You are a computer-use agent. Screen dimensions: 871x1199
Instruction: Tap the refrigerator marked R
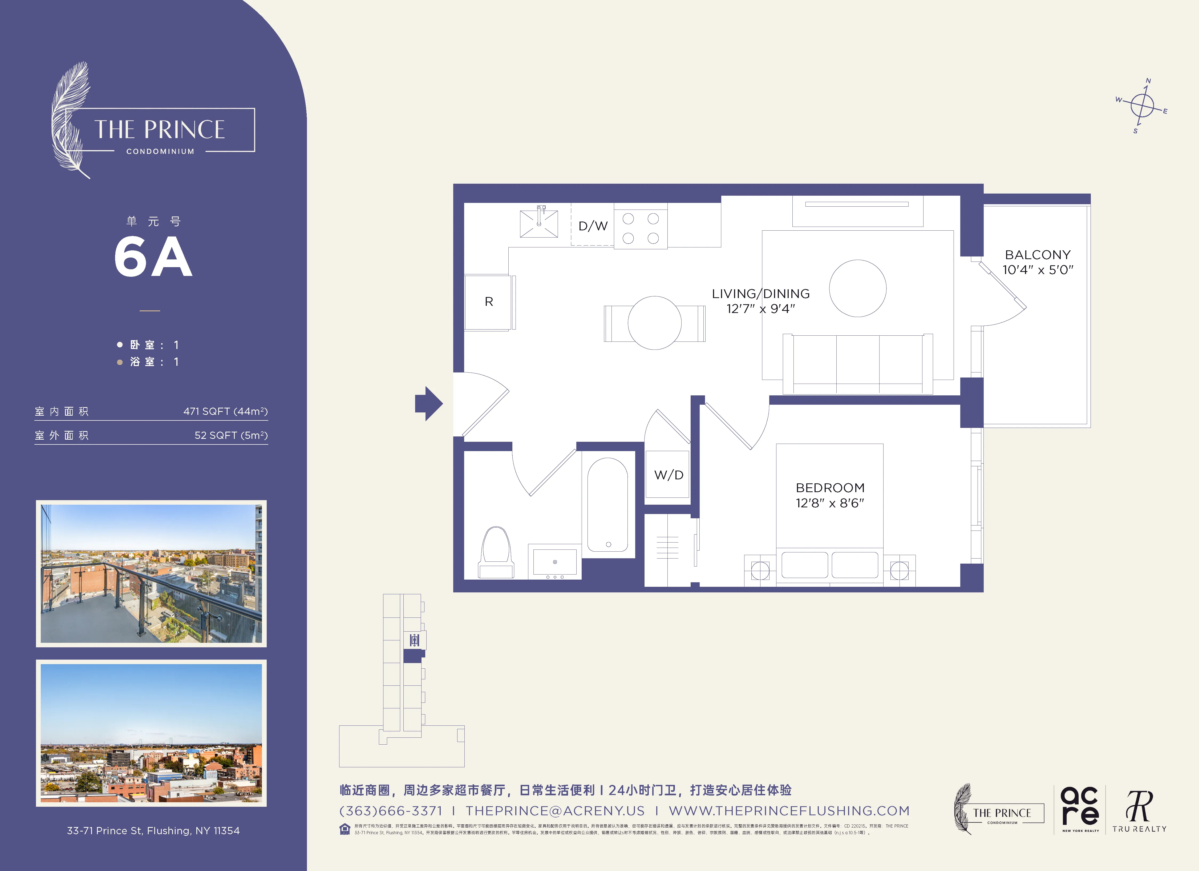tap(488, 302)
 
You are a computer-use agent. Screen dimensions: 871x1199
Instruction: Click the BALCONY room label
tap(1037, 255)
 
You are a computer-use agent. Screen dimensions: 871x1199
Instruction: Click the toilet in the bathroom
tap(496, 552)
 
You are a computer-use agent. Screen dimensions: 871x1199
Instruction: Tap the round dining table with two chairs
tap(654, 323)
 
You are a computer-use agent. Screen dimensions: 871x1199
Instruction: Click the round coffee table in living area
tap(857, 288)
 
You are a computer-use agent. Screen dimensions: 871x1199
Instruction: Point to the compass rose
tap(1142, 106)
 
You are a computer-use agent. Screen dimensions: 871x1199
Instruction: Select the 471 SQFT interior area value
tap(225, 411)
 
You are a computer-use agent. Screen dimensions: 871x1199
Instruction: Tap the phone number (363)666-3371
tap(391, 811)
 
